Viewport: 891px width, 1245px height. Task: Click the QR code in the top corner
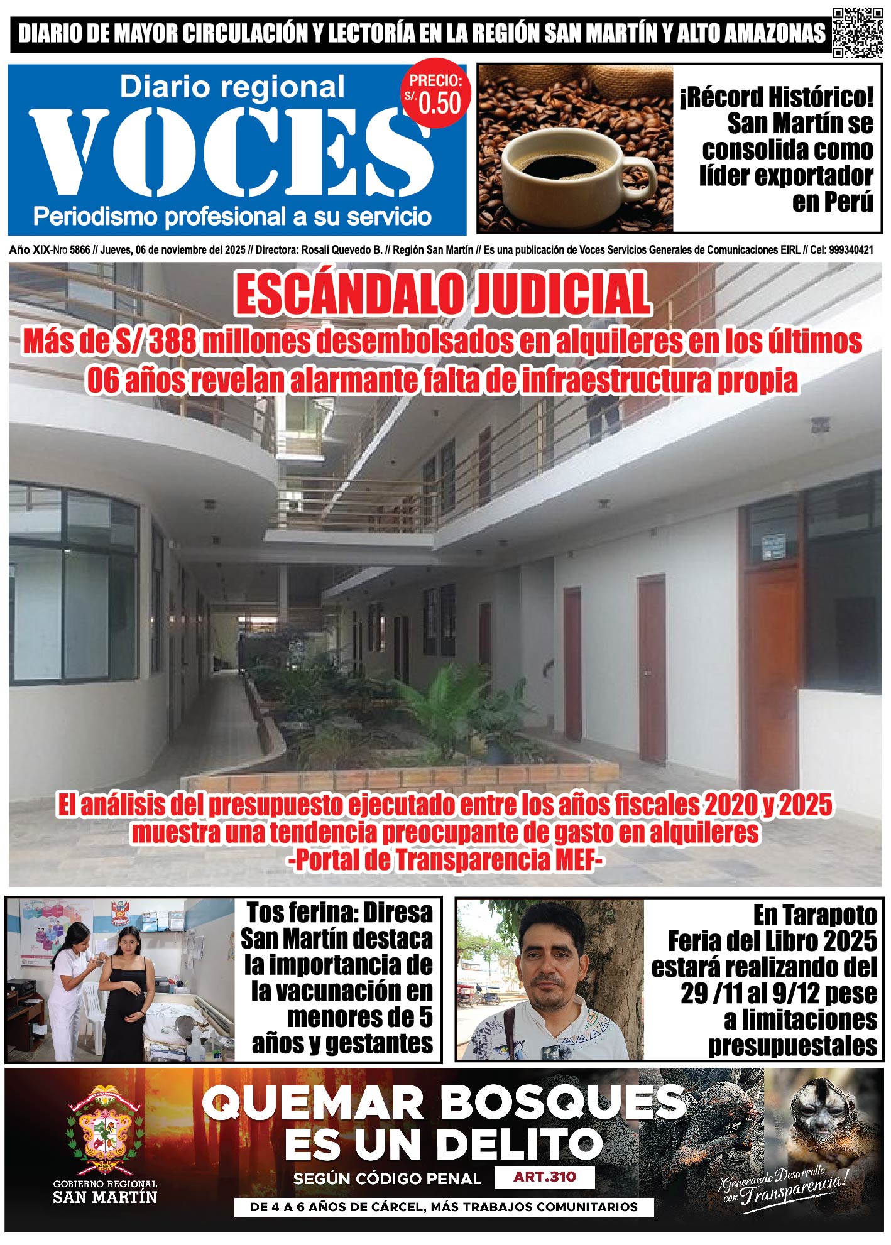(x=857, y=33)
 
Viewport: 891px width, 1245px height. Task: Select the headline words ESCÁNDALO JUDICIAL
(x=443, y=295)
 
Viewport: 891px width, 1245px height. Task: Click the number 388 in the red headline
(x=165, y=342)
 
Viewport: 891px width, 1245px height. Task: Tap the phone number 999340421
(x=851, y=250)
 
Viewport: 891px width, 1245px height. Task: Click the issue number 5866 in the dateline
(x=80, y=250)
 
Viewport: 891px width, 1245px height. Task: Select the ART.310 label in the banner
(x=544, y=1177)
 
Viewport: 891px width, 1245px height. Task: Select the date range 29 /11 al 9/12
(x=779, y=994)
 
